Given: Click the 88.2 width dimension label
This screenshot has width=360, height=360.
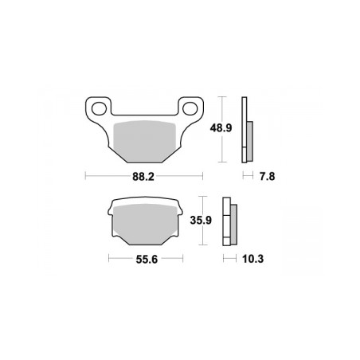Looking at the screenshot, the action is click(143, 177).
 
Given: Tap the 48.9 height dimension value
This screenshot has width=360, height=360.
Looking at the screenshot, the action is click(221, 128).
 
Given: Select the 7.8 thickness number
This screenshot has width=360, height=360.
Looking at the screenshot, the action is click(267, 176).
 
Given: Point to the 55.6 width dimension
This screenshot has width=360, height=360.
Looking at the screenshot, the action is click(147, 259).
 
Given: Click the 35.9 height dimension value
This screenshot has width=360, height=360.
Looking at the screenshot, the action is click(201, 220).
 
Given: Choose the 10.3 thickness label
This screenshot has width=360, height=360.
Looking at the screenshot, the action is click(252, 259).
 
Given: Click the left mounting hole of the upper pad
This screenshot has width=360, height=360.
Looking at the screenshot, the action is click(99, 108).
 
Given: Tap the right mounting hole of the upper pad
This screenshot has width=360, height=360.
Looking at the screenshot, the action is click(190, 108).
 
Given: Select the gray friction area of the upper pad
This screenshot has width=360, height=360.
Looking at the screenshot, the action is click(145, 141).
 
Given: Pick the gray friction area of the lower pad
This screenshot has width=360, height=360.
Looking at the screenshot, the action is click(145, 224).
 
